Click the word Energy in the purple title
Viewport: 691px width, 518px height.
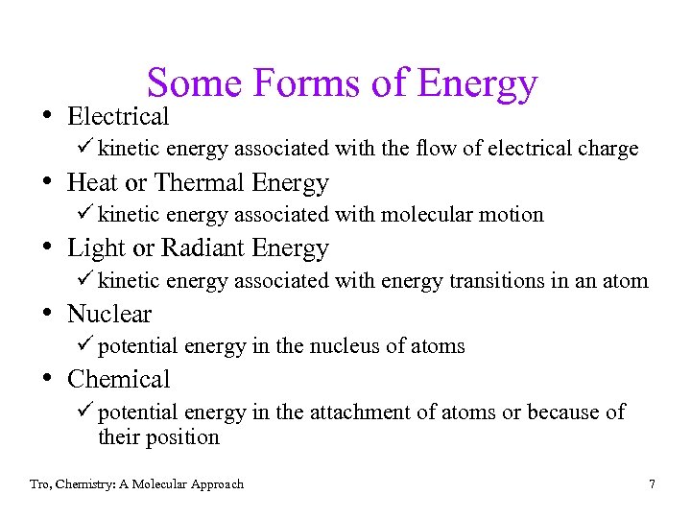(x=477, y=84)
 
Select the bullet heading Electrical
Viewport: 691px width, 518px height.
(x=118, y=117)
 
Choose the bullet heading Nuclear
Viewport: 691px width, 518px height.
(x=109, y=314)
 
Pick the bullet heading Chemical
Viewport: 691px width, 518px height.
(x=118, y=379)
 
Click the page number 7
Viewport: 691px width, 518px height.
(x=652, y=483)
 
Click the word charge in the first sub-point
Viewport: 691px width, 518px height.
(x=608, y=149)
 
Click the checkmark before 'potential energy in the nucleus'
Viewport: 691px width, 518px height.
(x=85, y=345)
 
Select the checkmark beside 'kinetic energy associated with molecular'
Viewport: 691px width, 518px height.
(x=85, y=214)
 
